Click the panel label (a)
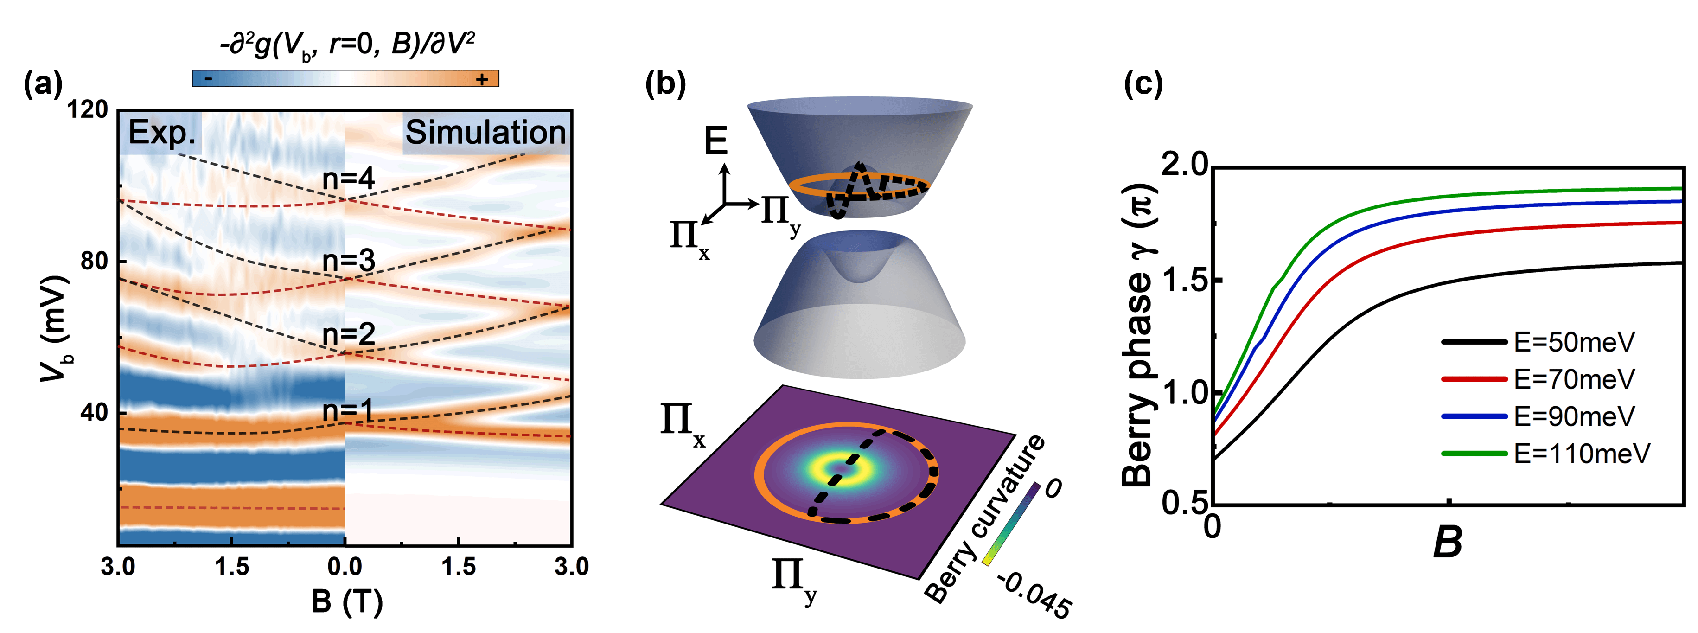coord(43,84)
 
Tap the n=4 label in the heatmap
coord(348,179)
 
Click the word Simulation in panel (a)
coord(485,133)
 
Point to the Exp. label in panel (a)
coord(161,133)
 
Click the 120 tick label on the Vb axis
coord(88,109)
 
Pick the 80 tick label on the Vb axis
coord(94,261)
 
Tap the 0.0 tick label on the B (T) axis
coord(345,566)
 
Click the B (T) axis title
coord(347,601)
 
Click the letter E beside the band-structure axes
coord(716,141)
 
